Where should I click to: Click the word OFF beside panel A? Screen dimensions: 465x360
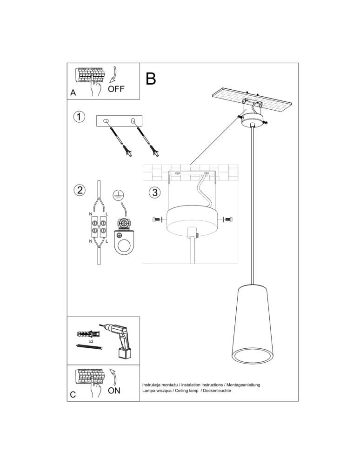[116, 89]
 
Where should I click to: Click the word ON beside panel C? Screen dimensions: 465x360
[114, 391]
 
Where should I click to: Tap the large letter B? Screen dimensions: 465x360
[151, 79]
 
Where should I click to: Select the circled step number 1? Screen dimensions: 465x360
[80, 117]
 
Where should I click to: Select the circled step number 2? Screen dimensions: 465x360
[80, 190]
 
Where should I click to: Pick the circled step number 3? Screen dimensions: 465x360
[155, 192]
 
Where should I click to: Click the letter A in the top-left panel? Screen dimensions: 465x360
[73, 93]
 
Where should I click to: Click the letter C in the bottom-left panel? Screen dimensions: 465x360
[73, 395]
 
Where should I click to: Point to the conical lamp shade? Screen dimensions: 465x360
[252, 325]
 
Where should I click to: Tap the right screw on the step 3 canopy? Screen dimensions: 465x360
[227, 219]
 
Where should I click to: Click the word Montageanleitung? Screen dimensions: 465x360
[243, 385]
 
